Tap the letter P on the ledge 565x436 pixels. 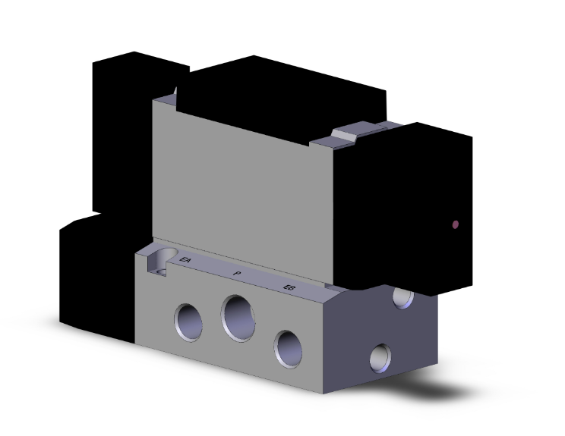pyautogui.click(x=237, y=273)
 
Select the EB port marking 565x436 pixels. pyautogui.click(x=289, y=287)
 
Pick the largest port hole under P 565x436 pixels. pyautogui.click(x=239, y=317)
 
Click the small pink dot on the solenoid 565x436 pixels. pyautogui.click(x=456, y=224)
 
